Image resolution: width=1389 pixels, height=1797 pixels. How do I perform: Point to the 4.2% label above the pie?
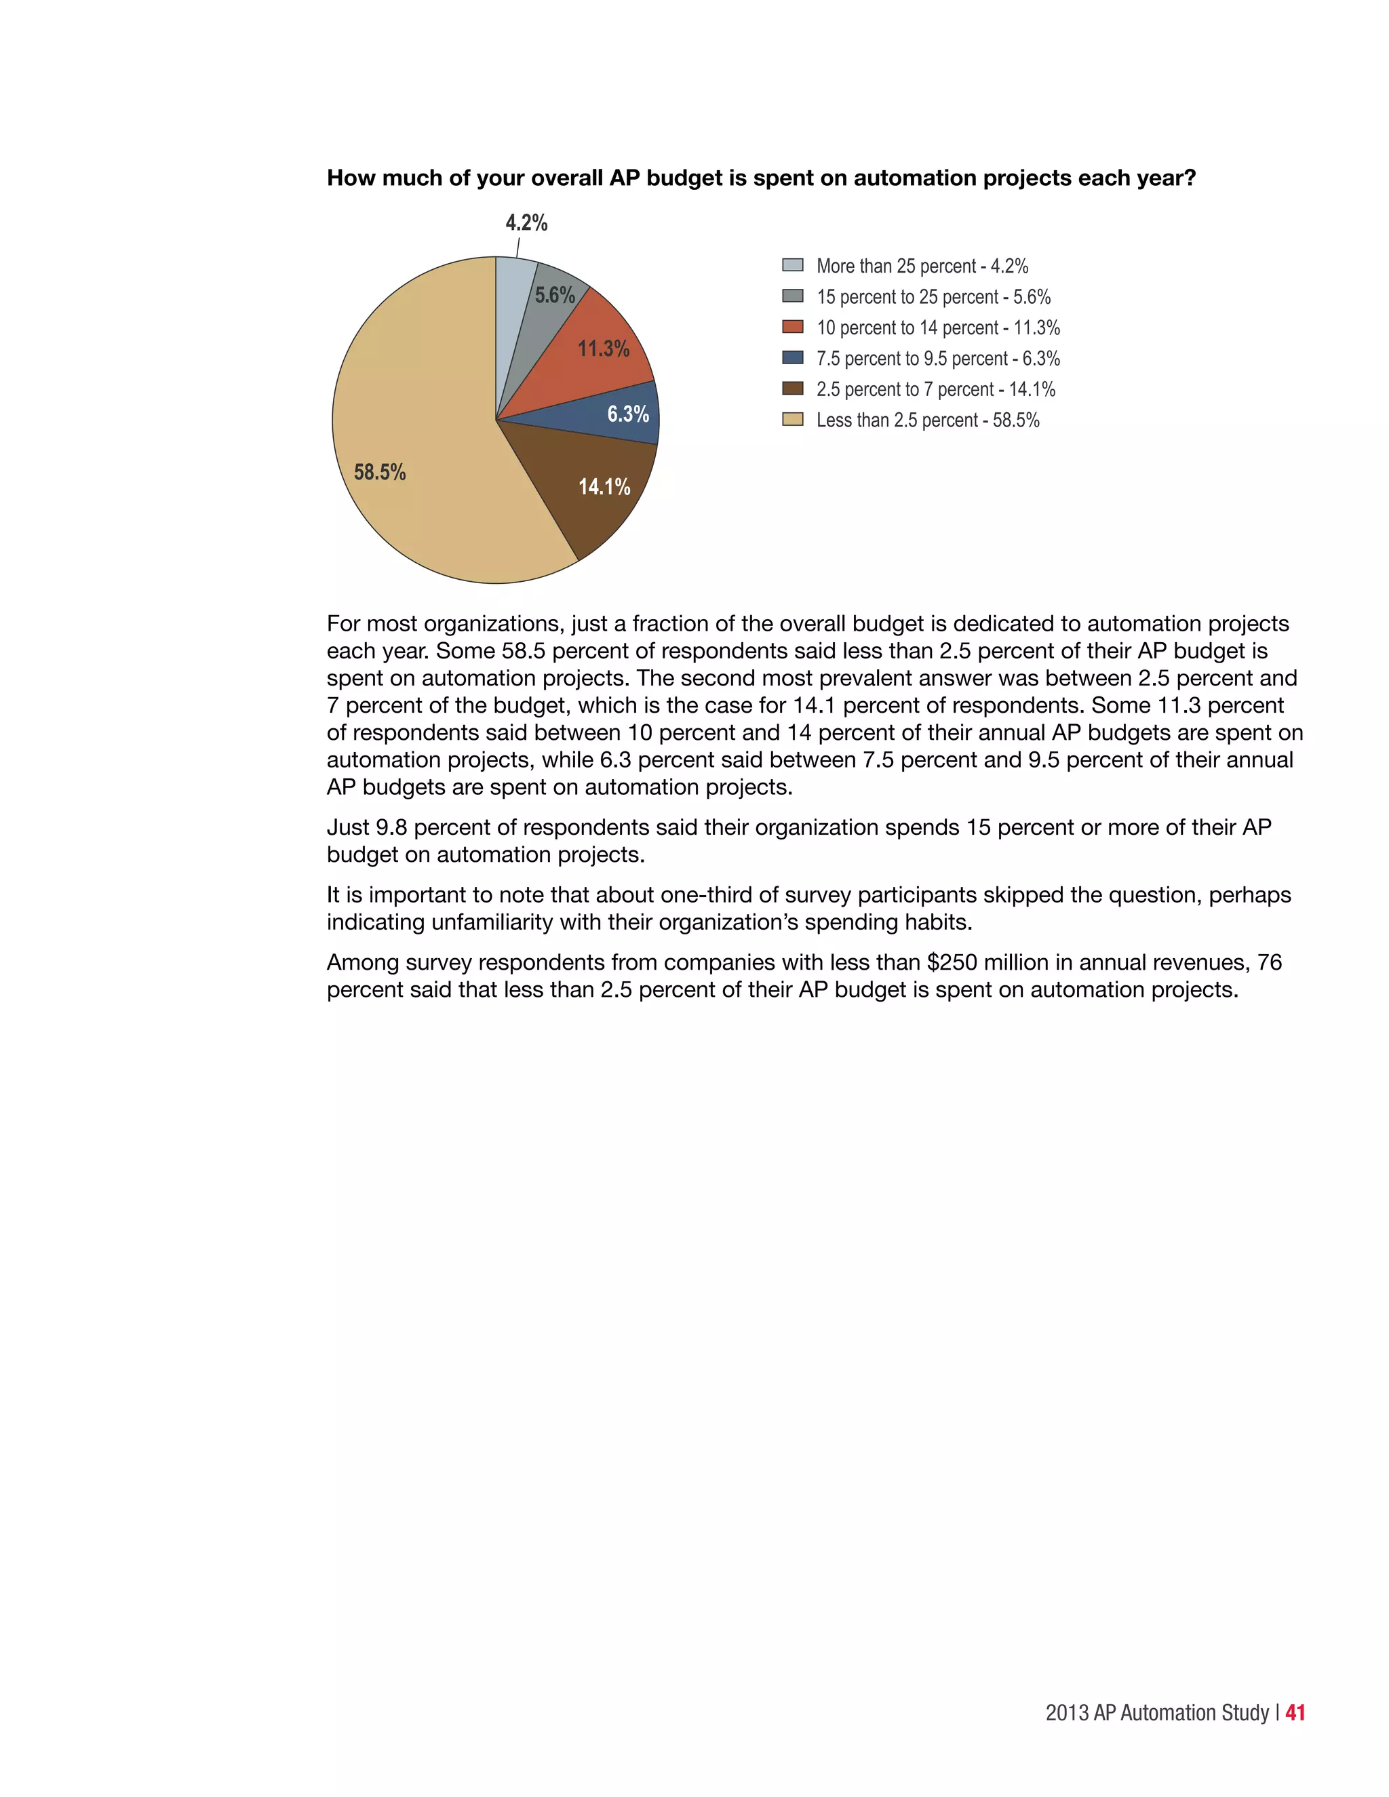point(526,223)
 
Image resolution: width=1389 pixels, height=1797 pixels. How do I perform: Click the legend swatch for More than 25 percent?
point(792,265)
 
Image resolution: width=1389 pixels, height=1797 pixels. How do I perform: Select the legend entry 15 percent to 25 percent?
point(933,297)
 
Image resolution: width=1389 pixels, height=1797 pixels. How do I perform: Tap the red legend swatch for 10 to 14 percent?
point(792,327)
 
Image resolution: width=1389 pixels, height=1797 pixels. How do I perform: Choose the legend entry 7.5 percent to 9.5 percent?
point(937,359)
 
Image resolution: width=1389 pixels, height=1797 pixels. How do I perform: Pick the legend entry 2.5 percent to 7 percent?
point(935,389)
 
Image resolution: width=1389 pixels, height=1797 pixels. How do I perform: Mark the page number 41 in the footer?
point(1295,1712)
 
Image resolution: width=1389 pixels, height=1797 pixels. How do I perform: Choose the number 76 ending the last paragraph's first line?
point(1270,963)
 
